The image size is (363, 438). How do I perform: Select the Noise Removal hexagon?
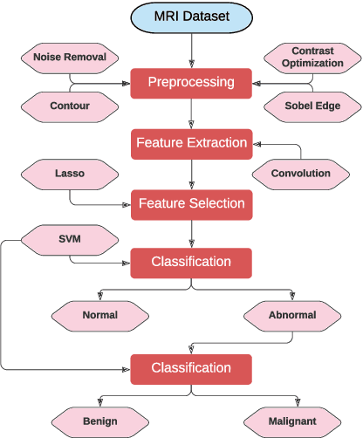coord(70,58)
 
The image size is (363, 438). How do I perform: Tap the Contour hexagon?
coord(70,106)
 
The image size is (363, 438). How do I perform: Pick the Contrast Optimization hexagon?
coord(312,58)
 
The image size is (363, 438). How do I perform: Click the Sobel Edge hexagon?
coord(312,106)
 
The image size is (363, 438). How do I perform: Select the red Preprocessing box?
coord(192,83)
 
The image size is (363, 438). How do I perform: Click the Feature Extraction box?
coord(191,143)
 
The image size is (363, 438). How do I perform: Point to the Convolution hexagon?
coord(300,173)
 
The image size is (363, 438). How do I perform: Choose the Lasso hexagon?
coord(70,173)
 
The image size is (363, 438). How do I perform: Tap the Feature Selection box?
coord(192,204)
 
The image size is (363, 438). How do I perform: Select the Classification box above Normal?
coord(192,262)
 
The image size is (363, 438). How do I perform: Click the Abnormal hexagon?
coord(291,314)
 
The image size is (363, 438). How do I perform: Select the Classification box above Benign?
coord(192,368)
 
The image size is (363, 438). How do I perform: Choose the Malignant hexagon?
coord(291,421)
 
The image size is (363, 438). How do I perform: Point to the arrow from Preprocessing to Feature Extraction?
coord(192,113)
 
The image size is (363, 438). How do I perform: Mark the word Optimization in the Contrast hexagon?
coord(312,64)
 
